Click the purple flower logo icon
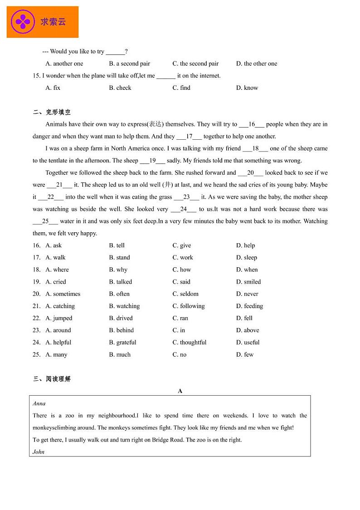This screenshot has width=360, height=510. (x=23, y=21)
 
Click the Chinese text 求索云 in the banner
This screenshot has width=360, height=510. (x=53, y=21)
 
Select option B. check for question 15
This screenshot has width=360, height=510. (x=120, y=88)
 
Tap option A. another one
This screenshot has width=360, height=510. (x=64, y=64)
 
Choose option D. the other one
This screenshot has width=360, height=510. (x=256, y=64)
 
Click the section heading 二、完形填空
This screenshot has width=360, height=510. (x=52, y=112)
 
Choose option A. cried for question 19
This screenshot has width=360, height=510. (x=56, y=282)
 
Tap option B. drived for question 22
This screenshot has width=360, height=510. (x=121, y=318)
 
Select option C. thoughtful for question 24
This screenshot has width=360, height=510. (x=189, y=342)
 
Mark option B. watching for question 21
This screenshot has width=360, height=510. (x=124, y=306)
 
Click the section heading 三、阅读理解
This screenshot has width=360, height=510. (x=52, y=379)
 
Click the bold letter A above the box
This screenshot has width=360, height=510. (x=180, y=391)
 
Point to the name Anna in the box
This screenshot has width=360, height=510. (x=39, y=403)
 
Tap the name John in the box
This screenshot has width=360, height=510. (x=39, y=451)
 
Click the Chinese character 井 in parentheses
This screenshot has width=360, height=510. (x=168, y=185)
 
